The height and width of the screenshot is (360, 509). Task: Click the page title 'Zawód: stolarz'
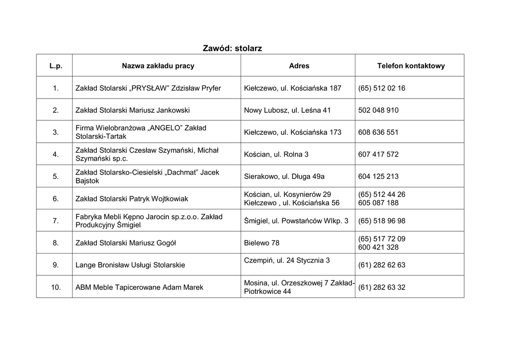coord(232,48)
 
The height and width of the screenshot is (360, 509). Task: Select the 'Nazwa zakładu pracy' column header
coord(158,66)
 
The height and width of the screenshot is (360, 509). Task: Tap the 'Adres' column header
coord(299,66)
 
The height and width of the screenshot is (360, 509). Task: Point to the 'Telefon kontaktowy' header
coord(411,66)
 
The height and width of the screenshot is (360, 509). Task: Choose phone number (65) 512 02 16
coord(382,88)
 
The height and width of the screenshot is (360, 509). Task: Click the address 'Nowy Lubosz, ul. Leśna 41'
coord(287,110)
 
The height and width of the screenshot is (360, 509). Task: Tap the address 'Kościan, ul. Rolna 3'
coord(276,154)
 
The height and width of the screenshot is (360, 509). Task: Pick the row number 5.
coord(56,176)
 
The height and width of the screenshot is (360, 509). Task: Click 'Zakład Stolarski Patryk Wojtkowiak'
coord(132,199)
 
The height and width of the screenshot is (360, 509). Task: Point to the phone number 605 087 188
coord(378,203)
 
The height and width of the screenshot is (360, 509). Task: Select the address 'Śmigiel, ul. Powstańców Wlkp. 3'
coord(296,220)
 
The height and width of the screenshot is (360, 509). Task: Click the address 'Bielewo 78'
coord(262,243)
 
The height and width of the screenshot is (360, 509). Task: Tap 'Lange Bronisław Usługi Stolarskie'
coord(130,265)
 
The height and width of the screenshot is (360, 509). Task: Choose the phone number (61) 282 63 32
coord(382,287)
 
